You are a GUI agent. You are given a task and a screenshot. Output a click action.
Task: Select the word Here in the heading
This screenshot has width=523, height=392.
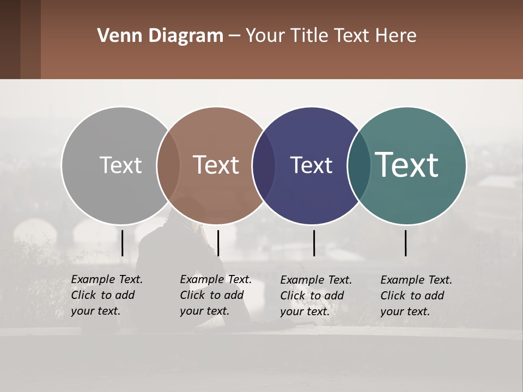click(x=397, y=36)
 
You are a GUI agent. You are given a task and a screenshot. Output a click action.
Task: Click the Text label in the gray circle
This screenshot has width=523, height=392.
click(x=120, y=165)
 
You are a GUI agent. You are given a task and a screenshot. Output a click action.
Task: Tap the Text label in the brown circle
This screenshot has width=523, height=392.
click(x=216, y=165)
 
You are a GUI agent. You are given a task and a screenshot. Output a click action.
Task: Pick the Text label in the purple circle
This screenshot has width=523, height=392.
click(x=311, y=165)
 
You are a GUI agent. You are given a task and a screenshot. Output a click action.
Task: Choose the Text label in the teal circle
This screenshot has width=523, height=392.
click(x=406, y=164)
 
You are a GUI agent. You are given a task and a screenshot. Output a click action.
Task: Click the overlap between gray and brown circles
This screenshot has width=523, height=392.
click(x=168, y=166)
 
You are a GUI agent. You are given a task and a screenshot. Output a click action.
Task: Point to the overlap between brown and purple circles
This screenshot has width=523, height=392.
click(x=263, y=166)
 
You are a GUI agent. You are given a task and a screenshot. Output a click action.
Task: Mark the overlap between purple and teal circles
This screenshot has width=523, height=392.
click(x=358, y=166)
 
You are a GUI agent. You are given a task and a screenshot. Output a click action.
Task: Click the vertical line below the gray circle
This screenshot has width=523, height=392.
click(x=123, y=243)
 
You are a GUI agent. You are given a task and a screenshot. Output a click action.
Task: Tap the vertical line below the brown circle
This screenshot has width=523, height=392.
click(x=218, y=243)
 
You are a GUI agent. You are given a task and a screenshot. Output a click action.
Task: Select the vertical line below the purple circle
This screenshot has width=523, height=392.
click(x=314, y=243)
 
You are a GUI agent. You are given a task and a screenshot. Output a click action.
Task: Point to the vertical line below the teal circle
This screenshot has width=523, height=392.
click(x=406, y=243)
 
